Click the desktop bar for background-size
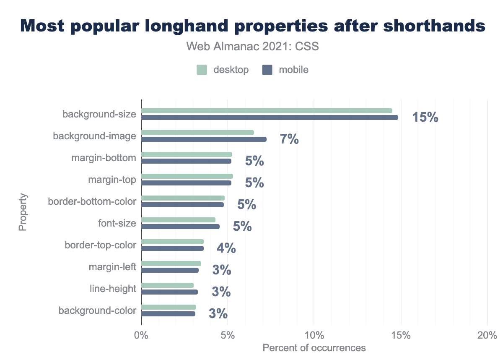[267, 111]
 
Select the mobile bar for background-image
[204, 139]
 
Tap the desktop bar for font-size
[178, 220]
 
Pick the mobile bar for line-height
[169, 292]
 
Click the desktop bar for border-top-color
[172, 242]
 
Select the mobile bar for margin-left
[170, 270]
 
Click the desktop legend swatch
[202, 70]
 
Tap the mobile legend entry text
[294, 70]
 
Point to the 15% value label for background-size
[425, 117]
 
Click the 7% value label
[289, 139]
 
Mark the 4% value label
[226, 248]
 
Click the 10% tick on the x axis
[314, 336]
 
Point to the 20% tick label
[487, 336]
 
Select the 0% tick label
[141, 336]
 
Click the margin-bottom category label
[104, 158]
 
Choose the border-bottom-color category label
[92, 201]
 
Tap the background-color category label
[97, 310]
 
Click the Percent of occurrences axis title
[314, 348]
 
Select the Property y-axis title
[23, 212]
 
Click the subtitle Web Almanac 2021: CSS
[252, 47]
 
